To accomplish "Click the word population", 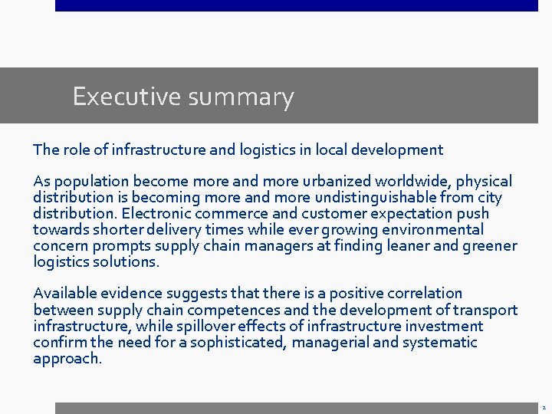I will tap(93, 182).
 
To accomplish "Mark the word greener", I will tap(489, 246).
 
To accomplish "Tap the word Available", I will tap(64, 294).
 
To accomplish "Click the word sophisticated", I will tap(238, 343).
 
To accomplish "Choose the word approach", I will tap(67, 359).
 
